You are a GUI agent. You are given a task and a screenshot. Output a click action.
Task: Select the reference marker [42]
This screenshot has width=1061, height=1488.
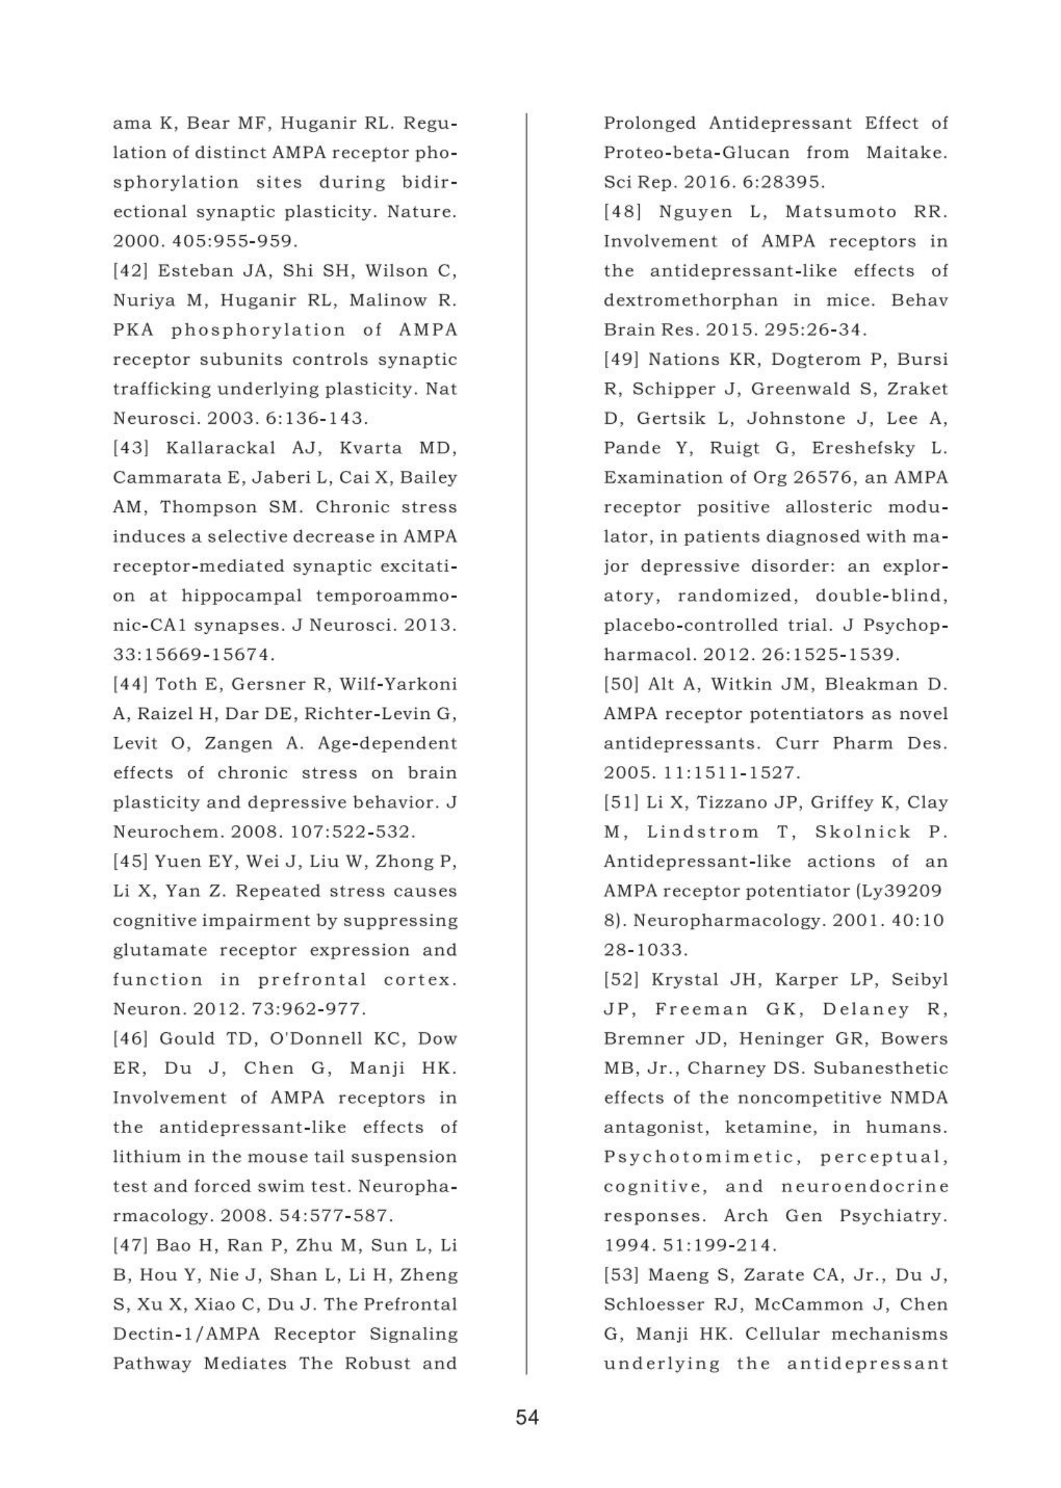click(x=131, y=271)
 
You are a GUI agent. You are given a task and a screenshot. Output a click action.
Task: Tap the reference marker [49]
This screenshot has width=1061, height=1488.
click(x=622, y=359)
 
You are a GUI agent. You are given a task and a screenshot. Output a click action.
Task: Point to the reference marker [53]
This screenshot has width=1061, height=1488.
click(x=622, y=1274)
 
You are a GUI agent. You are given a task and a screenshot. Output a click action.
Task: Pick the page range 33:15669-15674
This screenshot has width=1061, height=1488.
click(x=193, y=655)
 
